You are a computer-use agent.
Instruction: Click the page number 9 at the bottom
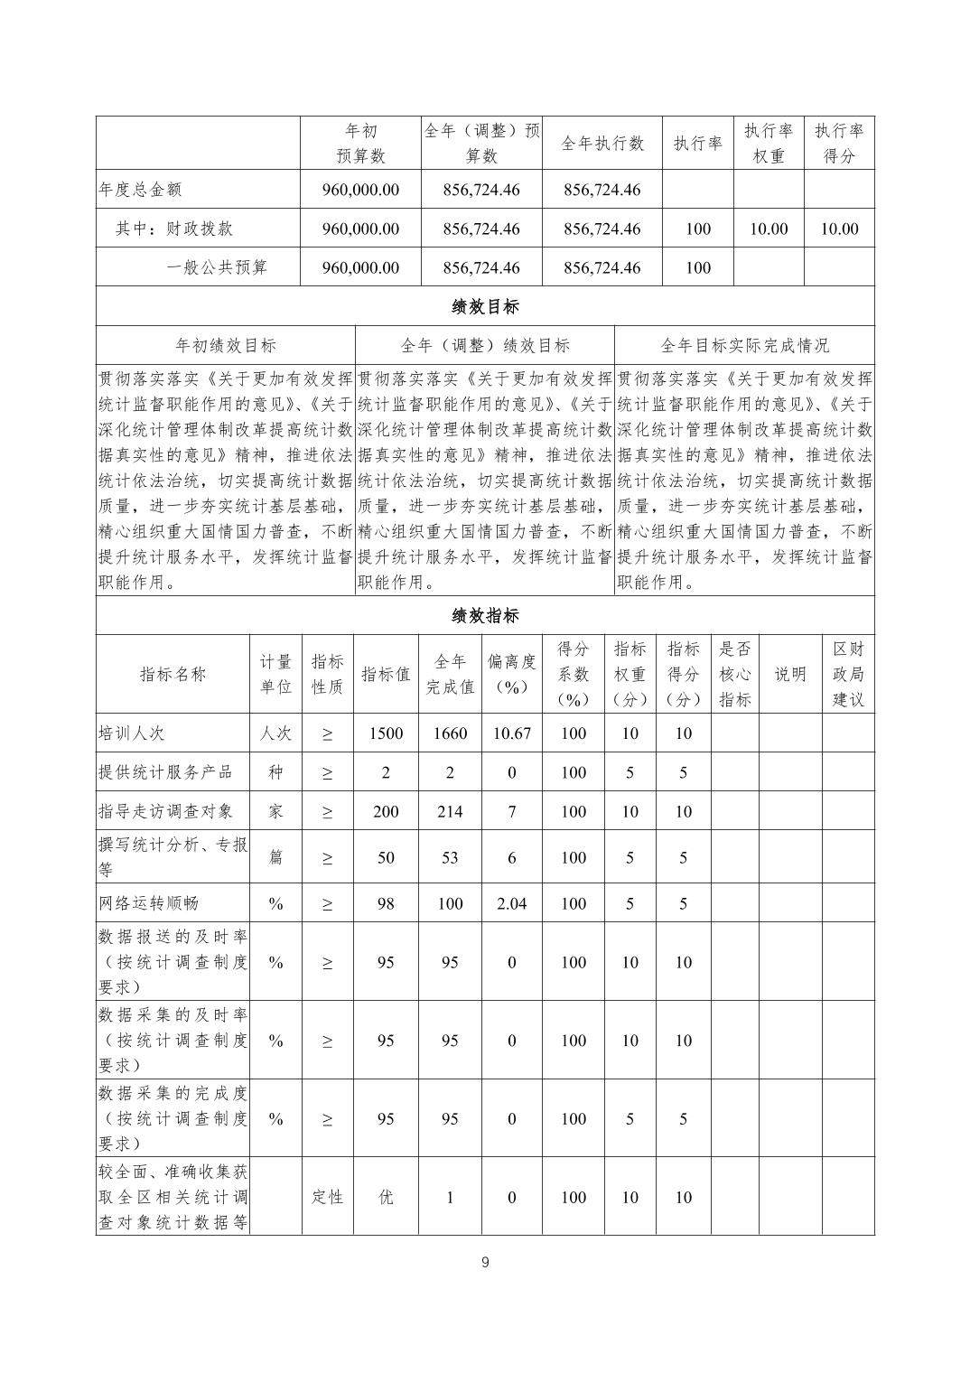point(485,1262)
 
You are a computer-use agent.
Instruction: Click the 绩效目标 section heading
point(485,306)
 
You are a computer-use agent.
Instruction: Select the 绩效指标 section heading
point(485,616)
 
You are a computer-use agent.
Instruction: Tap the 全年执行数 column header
point(602,143)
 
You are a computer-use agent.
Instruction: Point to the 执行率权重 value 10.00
point(769,229)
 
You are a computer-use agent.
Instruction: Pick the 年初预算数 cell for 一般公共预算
point(360,267)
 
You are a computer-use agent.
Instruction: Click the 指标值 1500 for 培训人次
point(386,733)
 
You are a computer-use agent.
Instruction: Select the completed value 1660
point(450,733)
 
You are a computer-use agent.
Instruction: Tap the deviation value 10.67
point(511,733)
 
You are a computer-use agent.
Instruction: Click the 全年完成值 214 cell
point(450,811)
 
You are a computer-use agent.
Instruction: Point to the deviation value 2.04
point(511,903)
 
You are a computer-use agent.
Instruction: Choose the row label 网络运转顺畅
point(148,903)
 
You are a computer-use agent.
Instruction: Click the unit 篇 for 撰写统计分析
point(275,857)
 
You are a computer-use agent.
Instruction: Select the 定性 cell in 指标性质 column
point(327,1197)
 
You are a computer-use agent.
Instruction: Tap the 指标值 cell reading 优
point(386,1197)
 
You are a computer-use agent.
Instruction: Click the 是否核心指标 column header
point(734,674)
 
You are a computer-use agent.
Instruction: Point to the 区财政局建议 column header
point(848,674)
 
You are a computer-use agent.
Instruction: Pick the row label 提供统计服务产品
point(165,772)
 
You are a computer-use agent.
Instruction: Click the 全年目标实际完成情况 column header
point(744,345)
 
